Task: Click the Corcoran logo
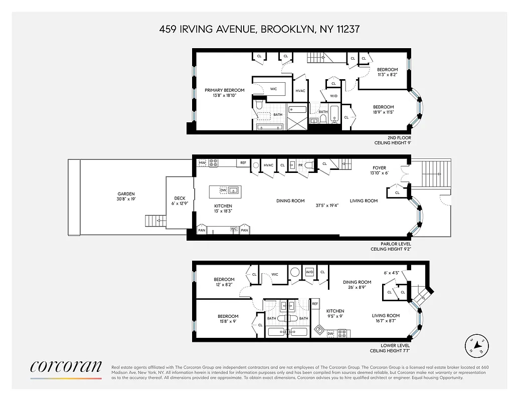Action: coord(66,367)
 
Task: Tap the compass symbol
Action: coord(477,346)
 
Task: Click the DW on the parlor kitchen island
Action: coord(224,191)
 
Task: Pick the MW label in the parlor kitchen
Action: coord(203,163)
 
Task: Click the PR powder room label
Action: coord(300,165)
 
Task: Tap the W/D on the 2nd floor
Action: coord(333,96)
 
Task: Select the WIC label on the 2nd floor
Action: coord(273,89)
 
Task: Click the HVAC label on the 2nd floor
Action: coord(300,91)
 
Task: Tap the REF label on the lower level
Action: coord(315,304)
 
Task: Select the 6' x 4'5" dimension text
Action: coord(391,273)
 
